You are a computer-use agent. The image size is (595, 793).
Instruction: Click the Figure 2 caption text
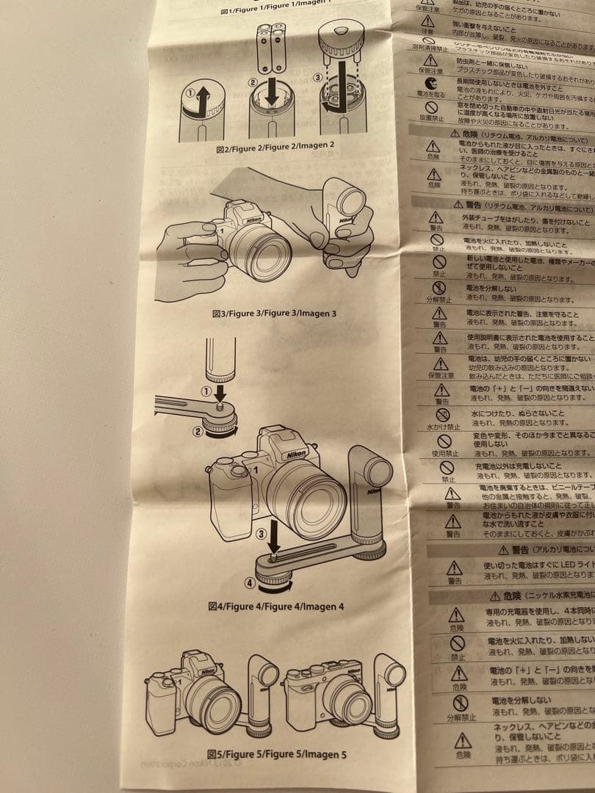click(x=275, y=146)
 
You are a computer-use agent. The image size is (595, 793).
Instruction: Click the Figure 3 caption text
click(x=274, y=314)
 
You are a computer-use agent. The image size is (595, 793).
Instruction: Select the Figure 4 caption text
click(x=275, y=606)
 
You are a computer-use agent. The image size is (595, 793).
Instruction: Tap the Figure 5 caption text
click(x=276, y=753)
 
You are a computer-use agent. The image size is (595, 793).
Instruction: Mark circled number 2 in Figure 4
click(x=197, y=432)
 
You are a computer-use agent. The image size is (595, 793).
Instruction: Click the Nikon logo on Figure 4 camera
click(x=296, y=456)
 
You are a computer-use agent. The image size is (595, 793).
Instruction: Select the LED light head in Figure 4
click(x=374, y=470)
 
